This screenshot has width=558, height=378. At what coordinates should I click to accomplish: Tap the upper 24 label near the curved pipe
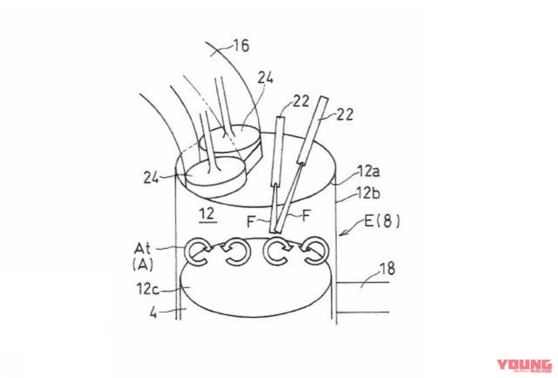pyautogui.click(x=265, y=78)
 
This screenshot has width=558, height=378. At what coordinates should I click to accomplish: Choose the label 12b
pyautogui.click(x=368, y=195)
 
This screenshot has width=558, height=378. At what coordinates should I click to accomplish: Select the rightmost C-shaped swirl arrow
pyautogui.click(x=315, y=252)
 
